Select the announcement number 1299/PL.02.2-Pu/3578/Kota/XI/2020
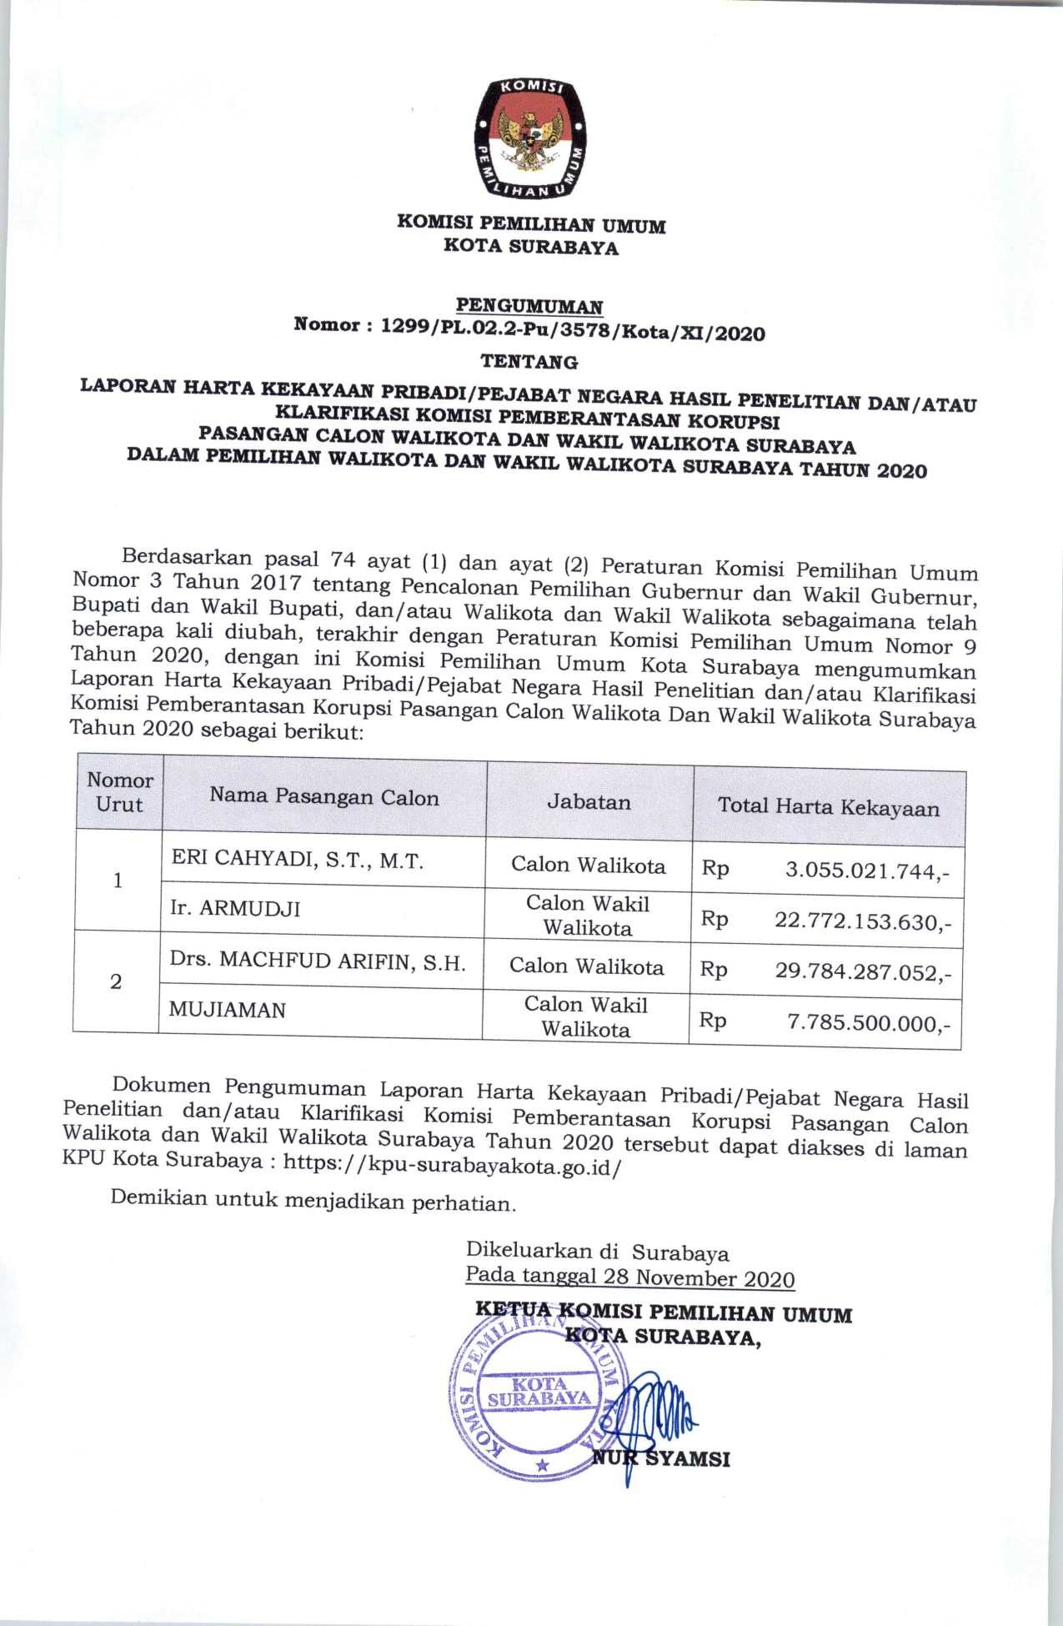click(572, 334)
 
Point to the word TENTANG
click(530, 363)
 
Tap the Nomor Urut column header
click(119, 793)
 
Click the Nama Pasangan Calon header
click(323, 798)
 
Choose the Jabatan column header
click(589, 803)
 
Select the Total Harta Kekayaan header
click(829, 807)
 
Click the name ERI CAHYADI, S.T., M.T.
click(298, 861)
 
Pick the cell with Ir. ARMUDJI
click(234, 908)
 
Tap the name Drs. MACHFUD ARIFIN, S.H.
click(317, 962)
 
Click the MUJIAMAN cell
click(227, 1010)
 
